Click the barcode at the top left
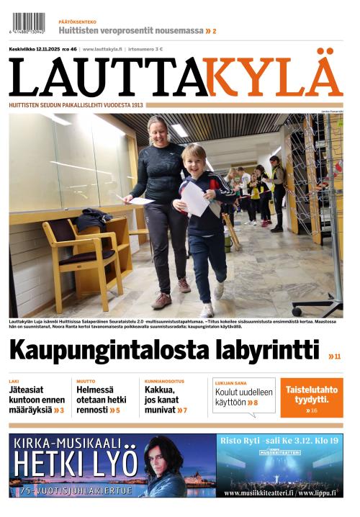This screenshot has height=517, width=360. coord(27,23)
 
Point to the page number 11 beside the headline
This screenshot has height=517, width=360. coord(335,356)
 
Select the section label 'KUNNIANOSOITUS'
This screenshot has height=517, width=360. coord(164,381)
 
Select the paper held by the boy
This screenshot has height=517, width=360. coord(194,198)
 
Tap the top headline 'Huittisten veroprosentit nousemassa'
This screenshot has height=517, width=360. coord(131,31)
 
